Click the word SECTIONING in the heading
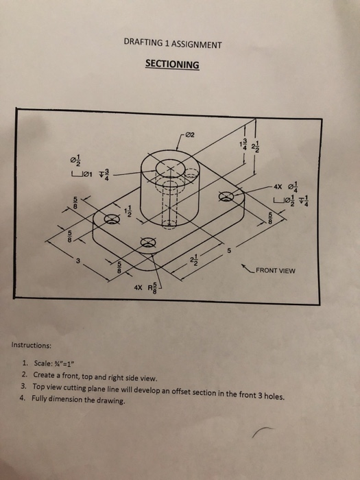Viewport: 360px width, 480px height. tap(172, 65)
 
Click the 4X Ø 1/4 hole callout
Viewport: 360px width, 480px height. tap(283, 185)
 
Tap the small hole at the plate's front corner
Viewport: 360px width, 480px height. tap(146, 241)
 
